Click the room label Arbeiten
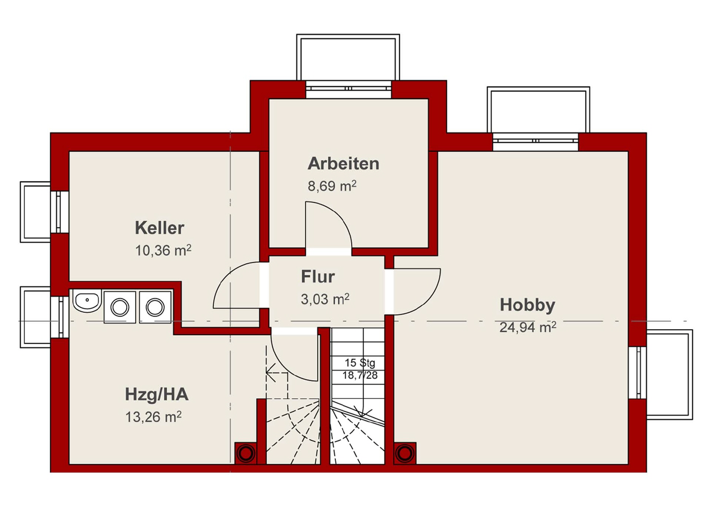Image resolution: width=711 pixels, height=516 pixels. (343, 164)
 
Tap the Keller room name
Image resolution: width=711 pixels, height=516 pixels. (159, 228)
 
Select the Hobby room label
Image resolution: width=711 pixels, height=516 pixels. (527, 305)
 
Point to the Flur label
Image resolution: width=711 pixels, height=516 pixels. (318, 277)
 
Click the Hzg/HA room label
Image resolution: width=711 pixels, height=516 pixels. (157, 394)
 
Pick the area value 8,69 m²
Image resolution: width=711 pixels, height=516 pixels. (332, 185)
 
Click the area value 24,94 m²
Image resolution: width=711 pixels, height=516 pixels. (528, 327)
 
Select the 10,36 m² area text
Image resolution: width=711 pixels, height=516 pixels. (163, 250)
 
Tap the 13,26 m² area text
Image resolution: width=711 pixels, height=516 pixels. (153, 417)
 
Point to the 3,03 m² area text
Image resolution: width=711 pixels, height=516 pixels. (325, 299)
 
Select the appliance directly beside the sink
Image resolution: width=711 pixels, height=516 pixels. (120, 307)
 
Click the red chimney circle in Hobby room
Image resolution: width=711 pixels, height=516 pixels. (404, 453)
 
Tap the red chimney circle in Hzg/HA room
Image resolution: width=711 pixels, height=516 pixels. (246, 453)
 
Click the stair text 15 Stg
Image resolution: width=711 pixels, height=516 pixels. (360, 363)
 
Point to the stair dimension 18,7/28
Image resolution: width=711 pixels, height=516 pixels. (360, 375)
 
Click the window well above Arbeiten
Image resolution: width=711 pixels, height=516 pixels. (348, 57)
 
